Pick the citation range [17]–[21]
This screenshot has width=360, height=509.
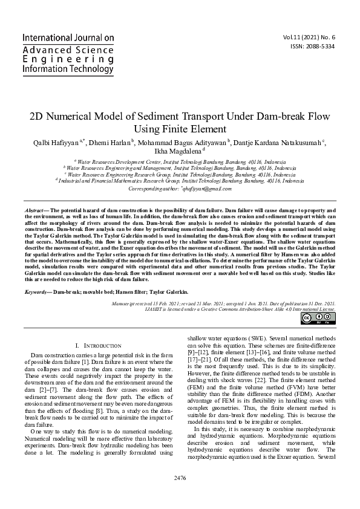(x=198, y=368)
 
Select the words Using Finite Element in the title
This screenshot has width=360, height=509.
(x=180, y=128)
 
